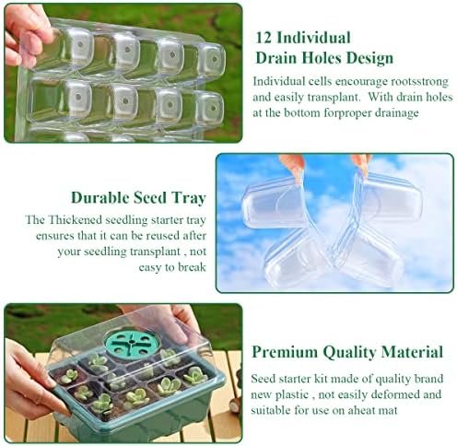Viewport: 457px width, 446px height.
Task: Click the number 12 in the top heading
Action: [x=263, y=38]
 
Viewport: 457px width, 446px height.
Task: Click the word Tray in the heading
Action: [x=189, y=198]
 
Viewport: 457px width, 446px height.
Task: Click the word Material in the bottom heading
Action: [x=412, y=352]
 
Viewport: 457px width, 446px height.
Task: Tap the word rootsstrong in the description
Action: [x=419, y=82]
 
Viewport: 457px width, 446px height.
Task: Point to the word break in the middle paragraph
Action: [x=192, y=267]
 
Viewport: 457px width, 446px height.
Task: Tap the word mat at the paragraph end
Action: [x=389, y=410]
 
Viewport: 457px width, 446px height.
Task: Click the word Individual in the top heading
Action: [x=313, y=38]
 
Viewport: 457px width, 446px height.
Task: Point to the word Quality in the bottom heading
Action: [x=349, y=353]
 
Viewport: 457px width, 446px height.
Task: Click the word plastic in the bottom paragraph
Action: [x=291, y=394]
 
